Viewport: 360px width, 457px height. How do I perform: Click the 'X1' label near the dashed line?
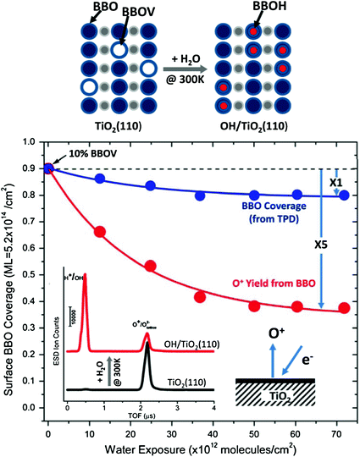coord(335,183)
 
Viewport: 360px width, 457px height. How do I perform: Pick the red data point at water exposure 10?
coord(100,232)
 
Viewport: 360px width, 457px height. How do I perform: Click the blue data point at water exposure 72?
coord(344,195)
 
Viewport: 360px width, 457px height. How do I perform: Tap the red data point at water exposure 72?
coord(344,308)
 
